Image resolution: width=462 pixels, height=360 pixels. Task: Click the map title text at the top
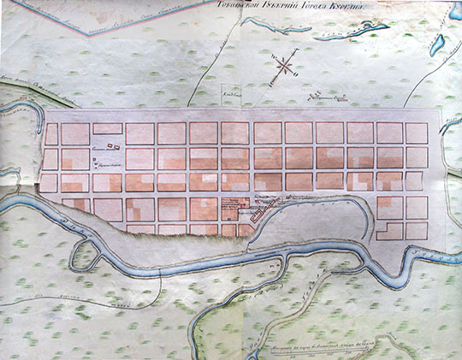click(291, 5)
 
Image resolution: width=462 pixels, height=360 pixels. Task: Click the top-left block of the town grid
click(51, 133)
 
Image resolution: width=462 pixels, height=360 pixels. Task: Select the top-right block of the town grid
click(417, 133)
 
